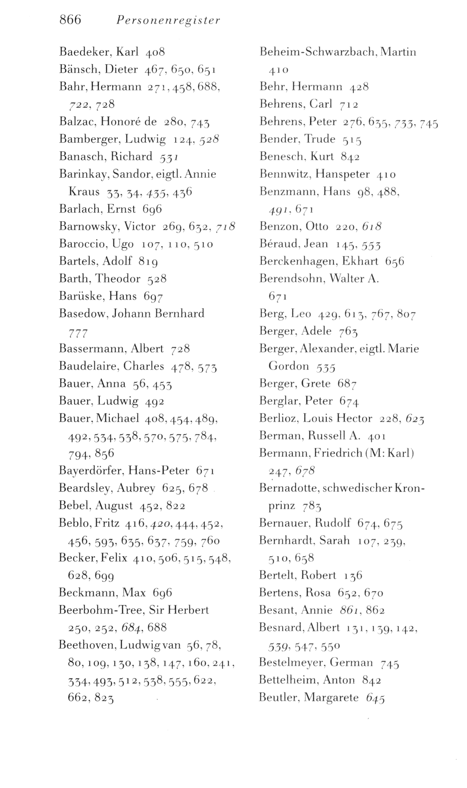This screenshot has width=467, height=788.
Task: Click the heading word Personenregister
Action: tap(168, 21)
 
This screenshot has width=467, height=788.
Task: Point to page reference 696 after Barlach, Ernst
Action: tap(152, 209)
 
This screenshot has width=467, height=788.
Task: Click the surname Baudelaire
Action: tap(88, 366)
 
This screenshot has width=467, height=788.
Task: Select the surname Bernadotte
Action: tap(288, 488)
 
